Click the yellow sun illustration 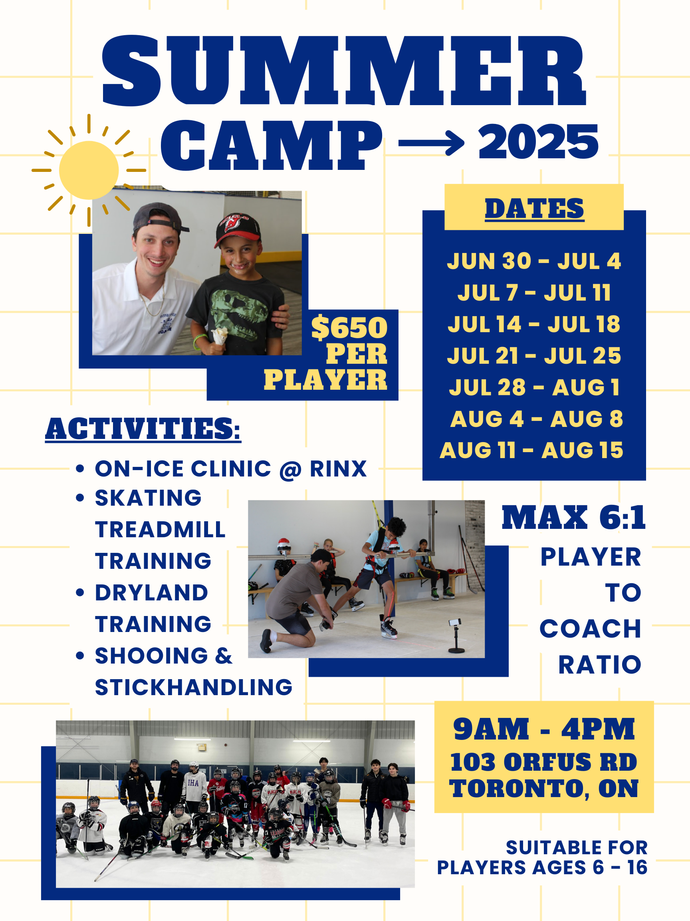(x=89, y=170)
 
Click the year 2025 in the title (x=538, y=142)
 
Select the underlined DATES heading (x=534, y=209)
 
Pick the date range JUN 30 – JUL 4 (x=534, y=261)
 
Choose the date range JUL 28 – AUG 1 (x=534, y=388)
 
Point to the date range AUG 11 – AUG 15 (x=531, y=451)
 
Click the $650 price (x=349, y=328)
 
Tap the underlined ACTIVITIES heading (x=143, y=429)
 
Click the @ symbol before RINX (x=290, y=470)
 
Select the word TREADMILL (x=160, y=530)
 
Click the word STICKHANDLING (x=194, y=688)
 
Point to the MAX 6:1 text (x=573, y=518)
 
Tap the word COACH (x=590, y=629)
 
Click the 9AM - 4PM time (x=544, y=730)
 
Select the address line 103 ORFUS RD (x=544, y=762)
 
